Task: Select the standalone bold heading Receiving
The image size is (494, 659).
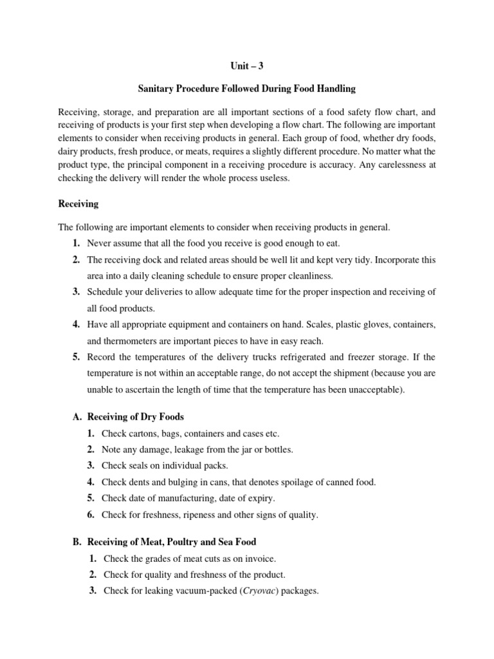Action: pyautogui.click(x=78, y=204)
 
